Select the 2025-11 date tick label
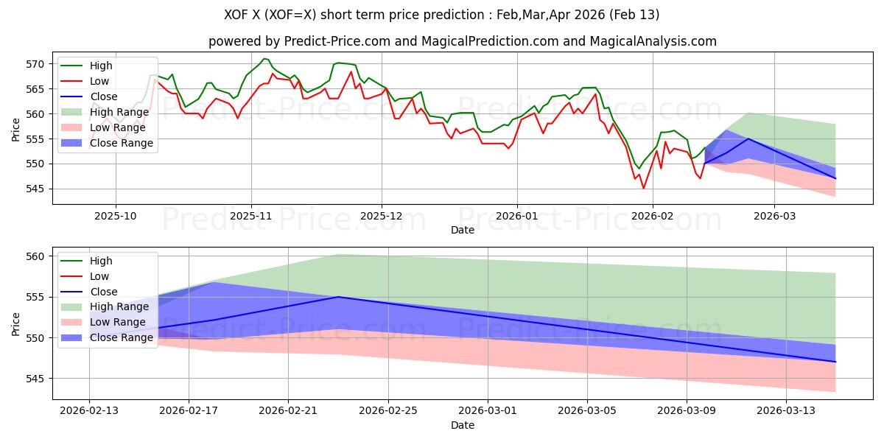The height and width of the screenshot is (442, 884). [x=251, y=215]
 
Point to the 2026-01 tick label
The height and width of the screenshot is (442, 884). [x=517, y=215]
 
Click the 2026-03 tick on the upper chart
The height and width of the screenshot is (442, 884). [x=773, y=215]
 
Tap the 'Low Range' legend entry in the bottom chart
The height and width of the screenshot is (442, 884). [x=119, y=323]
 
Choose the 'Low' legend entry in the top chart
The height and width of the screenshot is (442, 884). [x=99, y=81]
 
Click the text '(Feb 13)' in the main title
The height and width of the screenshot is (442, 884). [x=637, y=15]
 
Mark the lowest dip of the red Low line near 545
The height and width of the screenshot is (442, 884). [x=643, y=189]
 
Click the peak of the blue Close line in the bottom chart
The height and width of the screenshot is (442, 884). [x=338, y=297]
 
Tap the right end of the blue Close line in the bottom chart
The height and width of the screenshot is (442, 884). [x=835, y=362]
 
